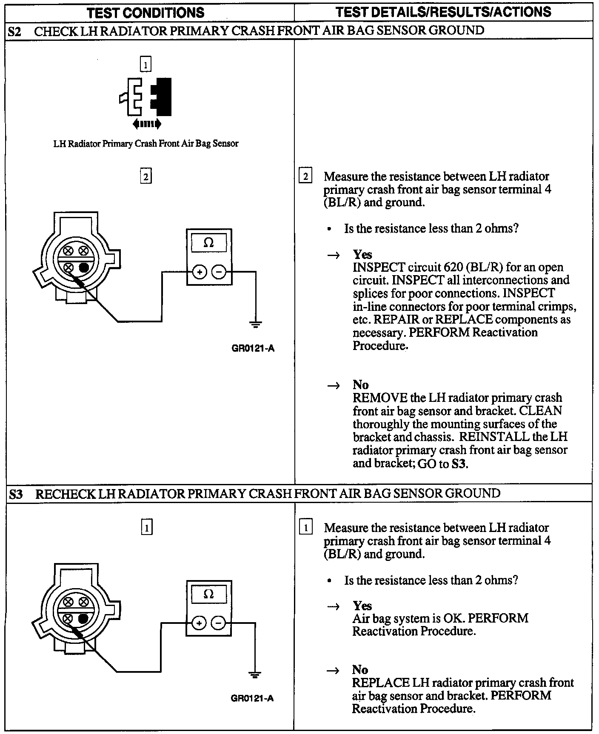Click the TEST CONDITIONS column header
point(145,13)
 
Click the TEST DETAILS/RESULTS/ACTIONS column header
point(443,12)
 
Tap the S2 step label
point(15,31)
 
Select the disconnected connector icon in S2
point(146,97)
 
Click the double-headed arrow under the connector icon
point(147,124)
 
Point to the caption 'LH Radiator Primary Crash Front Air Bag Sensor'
point(145,144)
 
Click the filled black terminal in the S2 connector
point(84,267)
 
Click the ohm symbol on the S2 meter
point(208,243)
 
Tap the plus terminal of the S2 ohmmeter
point(200,272)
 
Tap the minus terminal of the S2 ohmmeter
point(219,272)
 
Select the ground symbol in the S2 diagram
point(255,325)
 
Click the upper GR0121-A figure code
point(253,349)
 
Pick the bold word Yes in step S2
point(362,254)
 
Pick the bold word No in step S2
point(360,385)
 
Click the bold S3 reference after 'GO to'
point(458,464)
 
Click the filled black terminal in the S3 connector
point(83,618)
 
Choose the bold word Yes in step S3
point(362,606)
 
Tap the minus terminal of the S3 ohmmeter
point(218,623)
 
